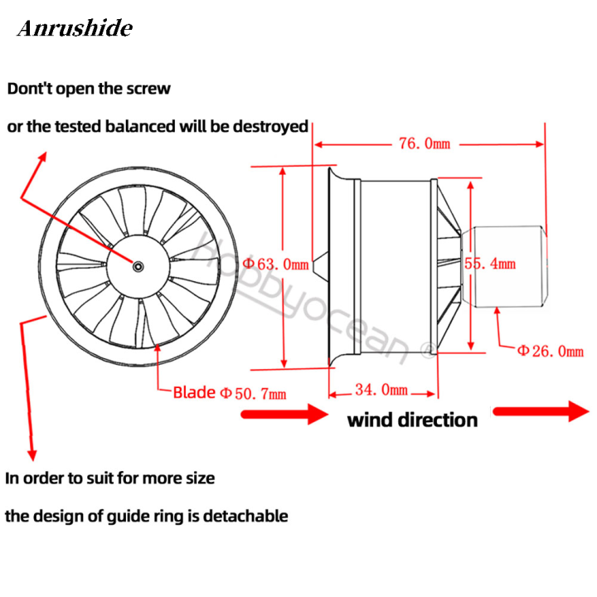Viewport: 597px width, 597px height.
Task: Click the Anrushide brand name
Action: pyautogui.click(x=75, y=29)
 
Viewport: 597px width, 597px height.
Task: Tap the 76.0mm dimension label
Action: pyautogui.click(x=424, y=143)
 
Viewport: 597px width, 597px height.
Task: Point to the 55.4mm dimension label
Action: pyautogui.click(x=490, y=264)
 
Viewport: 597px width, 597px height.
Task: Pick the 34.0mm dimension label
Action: pyautogui.click(x=381, y=389)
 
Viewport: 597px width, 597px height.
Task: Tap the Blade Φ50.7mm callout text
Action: pyautogui.click(x=229, y=392)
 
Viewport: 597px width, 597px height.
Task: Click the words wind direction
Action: pyautogui.click(x=412, y=420)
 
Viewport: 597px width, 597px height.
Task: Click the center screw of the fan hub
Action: pyautogui.click(x=138, y=265)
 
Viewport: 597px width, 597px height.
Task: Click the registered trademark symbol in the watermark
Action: pyautogui.click(x=428, y=352)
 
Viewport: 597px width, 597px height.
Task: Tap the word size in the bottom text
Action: pyautogui.click(x=199, y=478)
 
